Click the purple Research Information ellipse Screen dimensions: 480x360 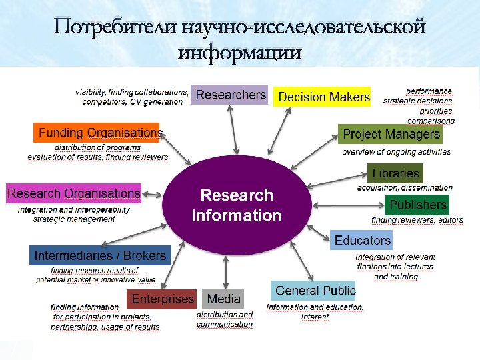tap(236, 205)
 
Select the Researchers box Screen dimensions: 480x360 tap(231, 95)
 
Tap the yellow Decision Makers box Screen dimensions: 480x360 tap(323, 97)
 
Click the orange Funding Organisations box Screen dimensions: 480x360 tap(97, 133)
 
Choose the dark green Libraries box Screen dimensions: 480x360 tap(396, 173)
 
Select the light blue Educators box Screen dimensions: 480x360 tap(362, 240)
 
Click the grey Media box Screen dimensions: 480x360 tap(224, 299)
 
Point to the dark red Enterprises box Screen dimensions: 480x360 tap(162, 299)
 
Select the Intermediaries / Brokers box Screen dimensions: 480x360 tap(100, 255)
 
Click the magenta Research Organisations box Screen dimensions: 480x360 tap(73, 193)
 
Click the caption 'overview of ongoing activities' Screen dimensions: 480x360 tap(396, 152)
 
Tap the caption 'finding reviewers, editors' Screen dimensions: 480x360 tap(417, 220)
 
